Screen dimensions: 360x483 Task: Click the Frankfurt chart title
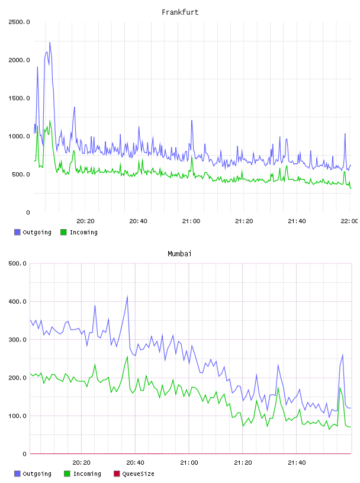point(180,12)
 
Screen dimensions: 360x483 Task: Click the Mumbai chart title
point(179,254)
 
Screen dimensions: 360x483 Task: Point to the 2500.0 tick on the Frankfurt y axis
point(19,22)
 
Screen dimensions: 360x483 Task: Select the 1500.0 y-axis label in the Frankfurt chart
point(19,98)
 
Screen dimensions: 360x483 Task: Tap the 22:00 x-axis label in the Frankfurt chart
point(349,221)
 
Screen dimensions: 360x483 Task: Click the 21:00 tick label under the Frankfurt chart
point(191,221)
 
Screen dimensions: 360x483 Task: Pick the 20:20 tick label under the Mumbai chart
point(81,463)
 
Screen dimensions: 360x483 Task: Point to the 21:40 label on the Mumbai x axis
point(297,463)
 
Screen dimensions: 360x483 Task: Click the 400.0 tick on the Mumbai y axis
point(18,301)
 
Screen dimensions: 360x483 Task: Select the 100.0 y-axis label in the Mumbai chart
point(18,416)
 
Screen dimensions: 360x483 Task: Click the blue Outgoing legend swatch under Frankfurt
point(17,232)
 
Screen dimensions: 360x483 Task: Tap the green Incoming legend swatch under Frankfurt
point(63,232)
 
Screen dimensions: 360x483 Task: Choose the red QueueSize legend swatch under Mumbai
point(117,474)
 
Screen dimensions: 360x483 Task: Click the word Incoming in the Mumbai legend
point(87,474)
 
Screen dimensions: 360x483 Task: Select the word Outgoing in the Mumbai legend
point(37,474)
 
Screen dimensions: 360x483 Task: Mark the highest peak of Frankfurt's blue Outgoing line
point(50,43)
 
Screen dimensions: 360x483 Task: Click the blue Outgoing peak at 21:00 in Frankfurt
point(192,120)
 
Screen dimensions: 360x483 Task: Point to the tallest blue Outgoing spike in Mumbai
point(127,297)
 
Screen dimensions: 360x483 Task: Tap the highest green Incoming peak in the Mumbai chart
point(127,357)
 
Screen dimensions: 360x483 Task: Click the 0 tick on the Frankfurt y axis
point(28,212)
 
